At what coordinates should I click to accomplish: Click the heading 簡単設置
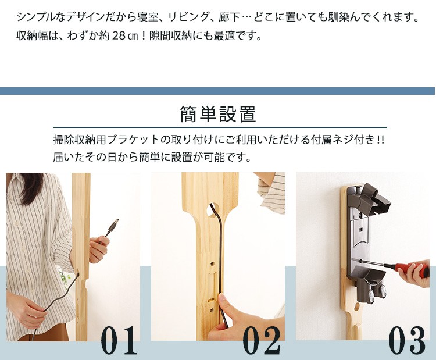coord(218,114)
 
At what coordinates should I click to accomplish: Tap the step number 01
coord(119,340)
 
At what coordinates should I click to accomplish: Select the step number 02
coord(262,340)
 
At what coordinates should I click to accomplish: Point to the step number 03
coord(406,340)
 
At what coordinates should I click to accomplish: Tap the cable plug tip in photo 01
coord(115,223)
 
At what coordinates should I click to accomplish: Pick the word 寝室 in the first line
coord(148,17)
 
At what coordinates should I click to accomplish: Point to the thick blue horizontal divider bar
coord(217,91)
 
